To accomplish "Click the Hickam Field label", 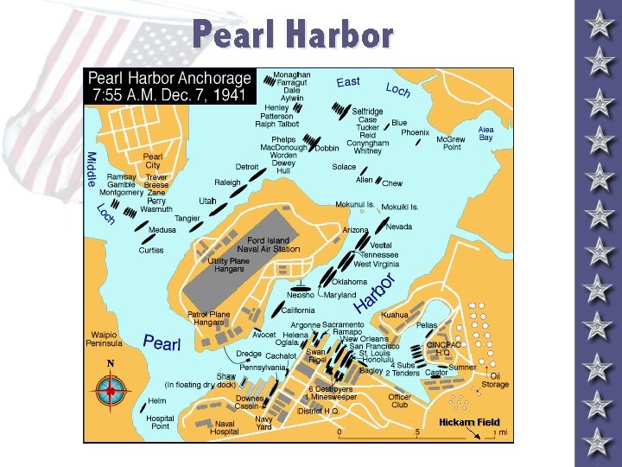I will click(x=469, y=422).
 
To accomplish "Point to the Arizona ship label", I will click(x=355, y=231).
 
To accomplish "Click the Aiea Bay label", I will click(x=486, y=133).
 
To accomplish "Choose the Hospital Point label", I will click(x=160, y=423).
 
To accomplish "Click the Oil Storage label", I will click(x=495, y=380).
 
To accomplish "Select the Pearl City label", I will click(x=152, y=161).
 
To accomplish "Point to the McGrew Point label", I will click(x=450, y=143).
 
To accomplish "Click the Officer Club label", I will click(x=398, y=400).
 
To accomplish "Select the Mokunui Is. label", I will click(x=354, y=205).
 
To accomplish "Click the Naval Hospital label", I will click(x=224, y=427).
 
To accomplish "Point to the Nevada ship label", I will click(x=398, y=227).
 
